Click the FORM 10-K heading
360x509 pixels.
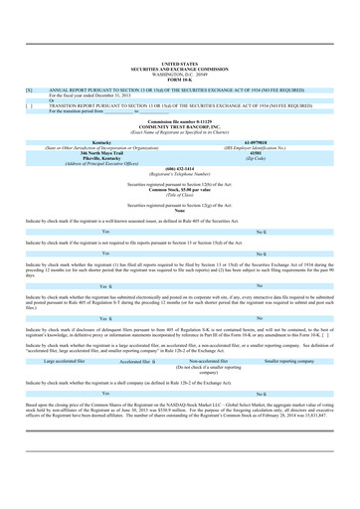pos(180,53)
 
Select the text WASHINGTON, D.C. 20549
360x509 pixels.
pos(180,48)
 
